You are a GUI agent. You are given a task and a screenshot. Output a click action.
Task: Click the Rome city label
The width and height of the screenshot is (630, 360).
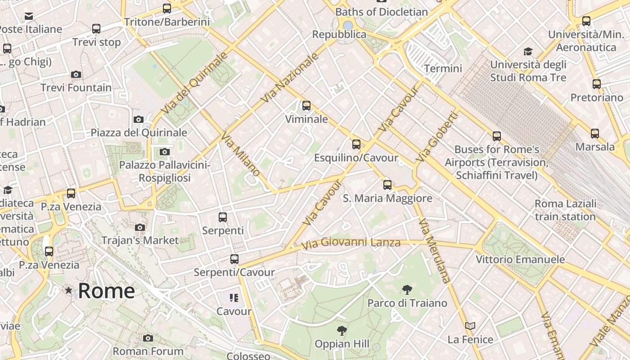coord(106,291)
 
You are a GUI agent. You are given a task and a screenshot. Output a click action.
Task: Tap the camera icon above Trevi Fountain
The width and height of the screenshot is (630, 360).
coord(76,74)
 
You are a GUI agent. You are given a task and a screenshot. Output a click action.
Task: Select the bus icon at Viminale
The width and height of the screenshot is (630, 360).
coord(306,106)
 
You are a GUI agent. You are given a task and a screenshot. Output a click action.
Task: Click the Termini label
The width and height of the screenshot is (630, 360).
coord(443,68)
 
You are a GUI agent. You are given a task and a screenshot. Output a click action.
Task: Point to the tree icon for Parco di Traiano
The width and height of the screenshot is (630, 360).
coord(407,289)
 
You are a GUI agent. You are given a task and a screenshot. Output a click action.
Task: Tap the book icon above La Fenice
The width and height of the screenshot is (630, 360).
coord(470,326)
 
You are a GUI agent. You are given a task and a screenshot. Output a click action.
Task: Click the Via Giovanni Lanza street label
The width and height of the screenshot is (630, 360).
coord(351,243)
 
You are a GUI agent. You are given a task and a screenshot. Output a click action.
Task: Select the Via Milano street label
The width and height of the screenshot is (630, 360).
coord(241,154)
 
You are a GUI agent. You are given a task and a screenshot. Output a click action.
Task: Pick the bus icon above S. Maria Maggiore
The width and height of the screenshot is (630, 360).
coord(387,184)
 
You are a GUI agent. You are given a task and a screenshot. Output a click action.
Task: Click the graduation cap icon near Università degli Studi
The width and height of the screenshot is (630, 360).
coord(528,51)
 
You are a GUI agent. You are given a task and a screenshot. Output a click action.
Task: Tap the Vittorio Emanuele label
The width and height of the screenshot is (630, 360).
coord(520,259)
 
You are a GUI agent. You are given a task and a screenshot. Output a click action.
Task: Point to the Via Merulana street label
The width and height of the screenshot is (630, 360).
coord(434,251)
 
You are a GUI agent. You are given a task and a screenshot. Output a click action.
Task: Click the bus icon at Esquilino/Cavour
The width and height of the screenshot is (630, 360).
coord(356,144)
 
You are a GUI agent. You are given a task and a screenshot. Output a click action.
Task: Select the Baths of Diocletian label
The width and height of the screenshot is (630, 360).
coord(382,12)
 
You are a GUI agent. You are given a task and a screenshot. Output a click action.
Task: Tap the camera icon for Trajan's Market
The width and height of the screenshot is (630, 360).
coord(140,227)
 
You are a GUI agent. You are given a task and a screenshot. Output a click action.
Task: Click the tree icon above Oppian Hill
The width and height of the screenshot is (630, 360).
coord(342,331)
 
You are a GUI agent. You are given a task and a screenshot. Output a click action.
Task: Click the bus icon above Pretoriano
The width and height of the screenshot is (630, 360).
coord(597,84)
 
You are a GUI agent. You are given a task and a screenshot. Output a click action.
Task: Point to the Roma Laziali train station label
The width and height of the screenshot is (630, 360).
coord(565,210)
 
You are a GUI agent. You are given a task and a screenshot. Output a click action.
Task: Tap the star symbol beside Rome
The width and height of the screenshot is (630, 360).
coord(68,290)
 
